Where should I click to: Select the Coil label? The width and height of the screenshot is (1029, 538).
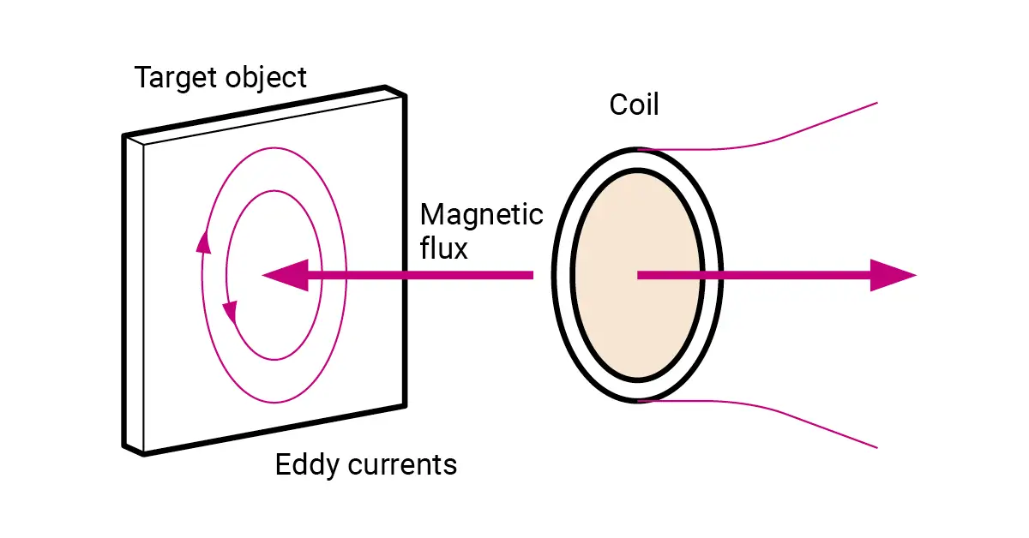point(634,105)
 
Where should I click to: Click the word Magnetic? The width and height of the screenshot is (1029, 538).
point(481,214)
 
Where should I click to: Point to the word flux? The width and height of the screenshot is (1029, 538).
point(444,248)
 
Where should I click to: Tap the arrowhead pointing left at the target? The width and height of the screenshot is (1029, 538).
point(283,276)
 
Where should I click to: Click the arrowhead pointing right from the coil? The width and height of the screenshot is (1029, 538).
point(892,275)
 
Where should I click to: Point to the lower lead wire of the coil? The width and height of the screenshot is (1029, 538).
point(772,414)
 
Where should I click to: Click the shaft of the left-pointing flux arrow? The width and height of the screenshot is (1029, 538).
point(420,276)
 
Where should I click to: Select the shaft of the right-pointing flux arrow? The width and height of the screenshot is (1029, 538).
point(755,275)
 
